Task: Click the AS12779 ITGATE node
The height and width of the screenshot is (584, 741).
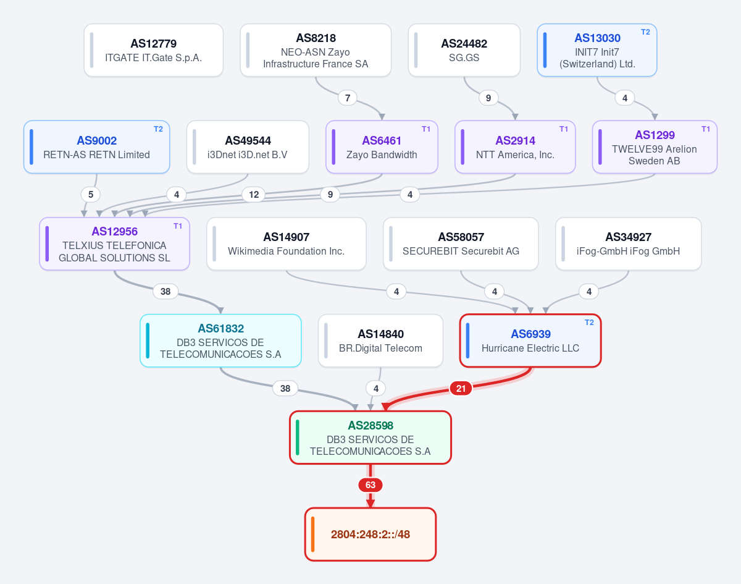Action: point(154,50)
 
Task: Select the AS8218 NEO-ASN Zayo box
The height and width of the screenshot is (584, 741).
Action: point(316,50)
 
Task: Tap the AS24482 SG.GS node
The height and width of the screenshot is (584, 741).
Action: point(464,50)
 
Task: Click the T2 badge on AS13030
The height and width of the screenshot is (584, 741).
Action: point(645,32)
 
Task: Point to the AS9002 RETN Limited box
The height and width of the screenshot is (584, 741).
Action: point(97,147)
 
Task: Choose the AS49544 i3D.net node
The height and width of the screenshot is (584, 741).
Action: point(248,147)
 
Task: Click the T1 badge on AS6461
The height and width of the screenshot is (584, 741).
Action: point(426,129)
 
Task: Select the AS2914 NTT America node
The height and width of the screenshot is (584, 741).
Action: point(515,147)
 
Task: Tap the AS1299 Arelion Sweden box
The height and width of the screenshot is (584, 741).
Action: point(655,147)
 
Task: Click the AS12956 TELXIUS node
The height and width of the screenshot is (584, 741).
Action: point(114,244)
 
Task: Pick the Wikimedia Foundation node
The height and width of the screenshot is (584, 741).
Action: point(286,244)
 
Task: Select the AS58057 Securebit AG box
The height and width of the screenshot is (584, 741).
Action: point(461,244)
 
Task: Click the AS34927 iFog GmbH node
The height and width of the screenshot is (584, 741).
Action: point(629,244)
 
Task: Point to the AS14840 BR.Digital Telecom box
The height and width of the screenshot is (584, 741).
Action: point(380,341)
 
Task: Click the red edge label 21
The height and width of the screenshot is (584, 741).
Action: point(461,389)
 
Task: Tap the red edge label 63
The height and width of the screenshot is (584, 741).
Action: point(370,485)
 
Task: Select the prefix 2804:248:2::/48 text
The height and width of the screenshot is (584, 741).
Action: point(370,535)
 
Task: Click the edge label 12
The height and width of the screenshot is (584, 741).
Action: point(254,195)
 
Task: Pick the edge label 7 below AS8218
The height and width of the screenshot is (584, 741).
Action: point(348,98)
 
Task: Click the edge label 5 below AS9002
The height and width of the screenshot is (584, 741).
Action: point(91,195)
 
